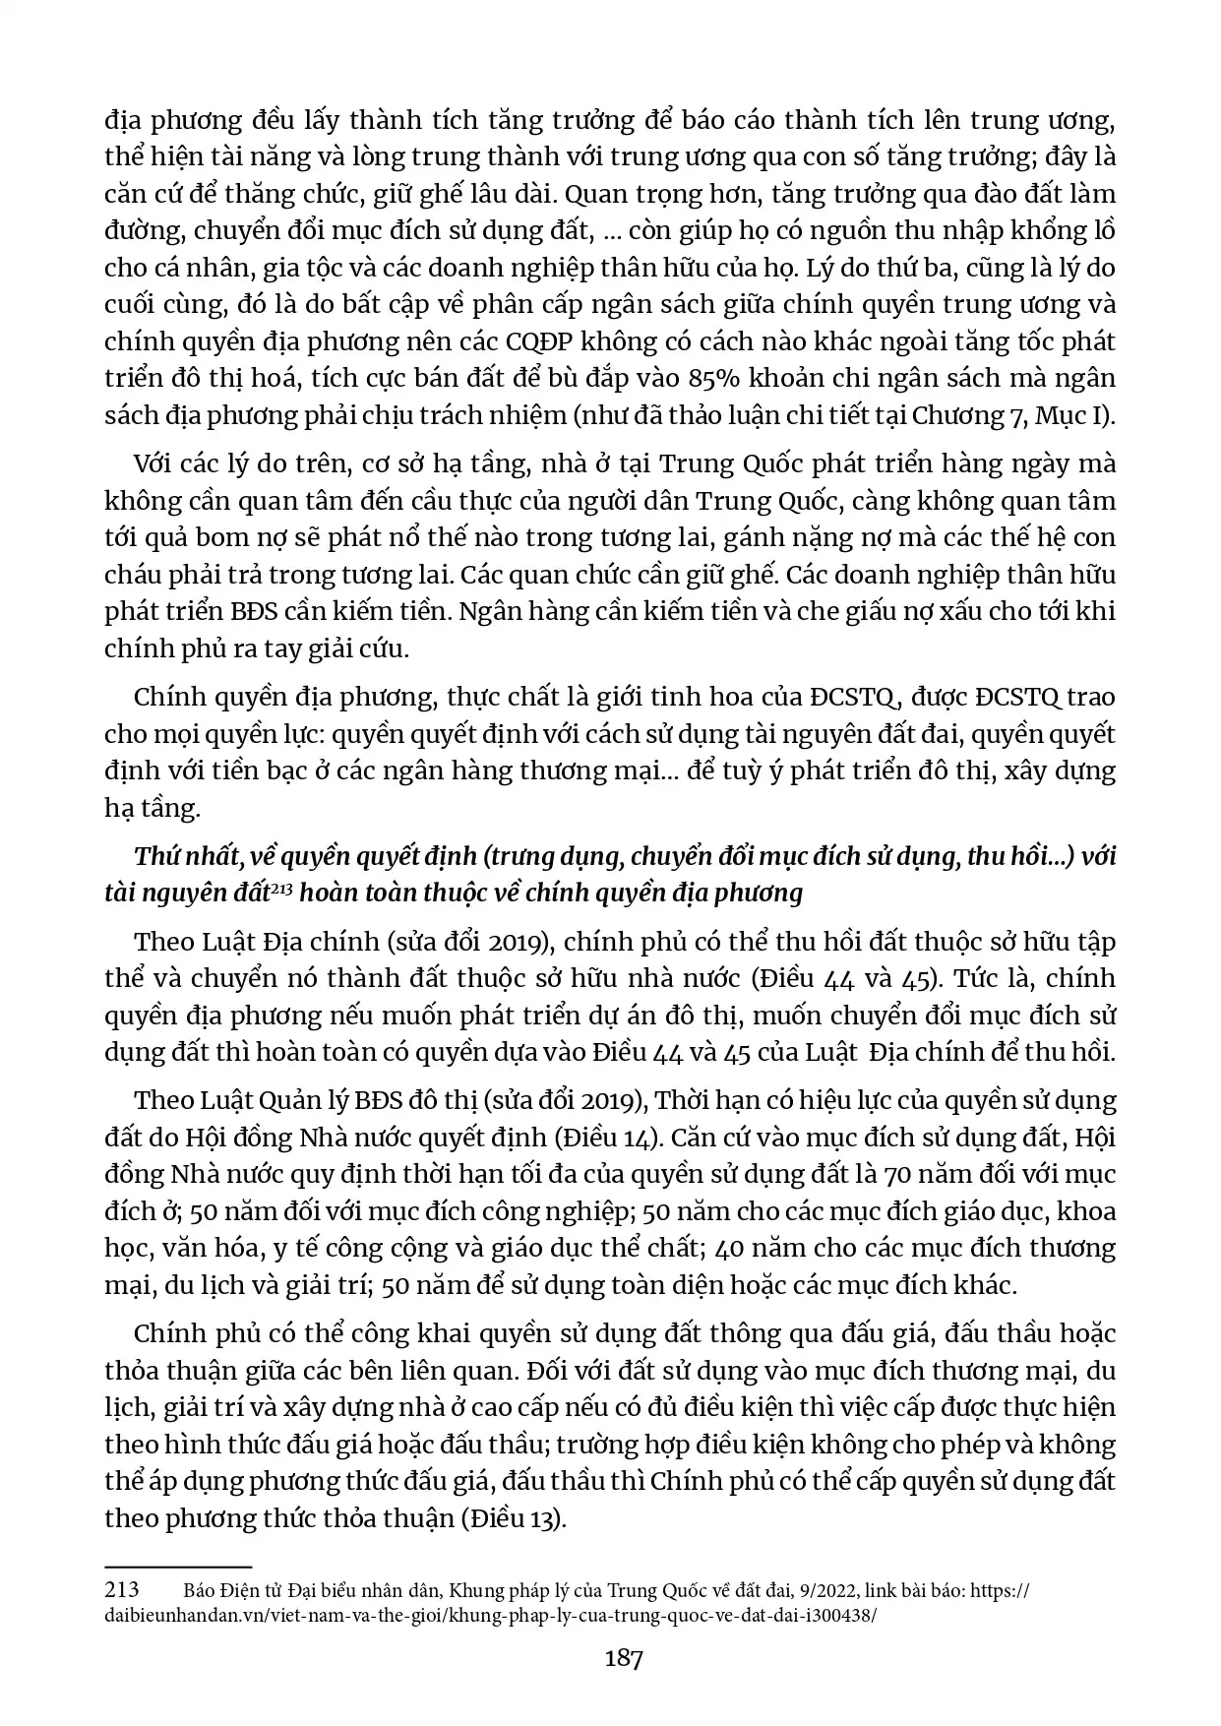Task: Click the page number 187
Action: (x=624, y=1658)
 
